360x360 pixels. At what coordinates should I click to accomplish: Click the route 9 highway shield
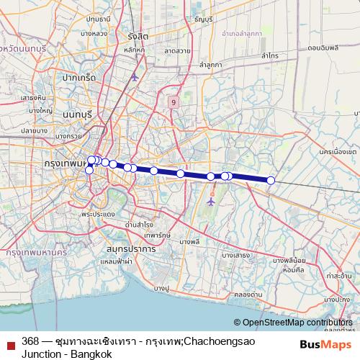pyautogui.click(x=174, y=103)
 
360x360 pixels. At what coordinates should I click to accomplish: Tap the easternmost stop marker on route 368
pyautogui.click(x=271, y=180)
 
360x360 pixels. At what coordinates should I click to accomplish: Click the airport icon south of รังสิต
pyautogui.click(x=134, y=76)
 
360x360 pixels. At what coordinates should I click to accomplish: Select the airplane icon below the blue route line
pyautogui.click(x=210, y=201)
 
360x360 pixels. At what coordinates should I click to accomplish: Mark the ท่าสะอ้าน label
pyautogui.click(x=339, y=275)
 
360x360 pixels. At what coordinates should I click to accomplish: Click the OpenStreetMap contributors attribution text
pyautogui.click(x=295, y=323)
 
